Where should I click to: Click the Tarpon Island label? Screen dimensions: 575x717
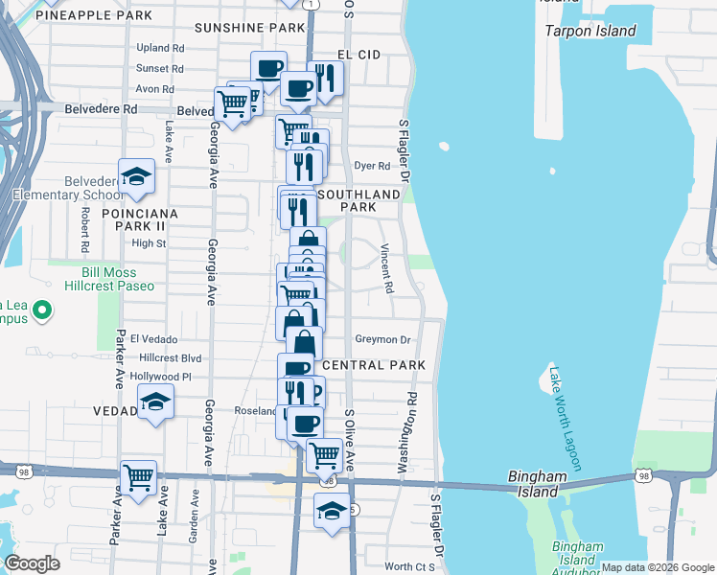click(590, 31)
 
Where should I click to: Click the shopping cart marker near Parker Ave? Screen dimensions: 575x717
click(139, 476)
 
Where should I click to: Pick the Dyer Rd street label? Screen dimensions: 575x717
click(372, 166)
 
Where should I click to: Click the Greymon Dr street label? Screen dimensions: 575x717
click(382, 339)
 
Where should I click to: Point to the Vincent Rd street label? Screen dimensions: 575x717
click(387, 268)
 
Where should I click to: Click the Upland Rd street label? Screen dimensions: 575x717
click(160, 48)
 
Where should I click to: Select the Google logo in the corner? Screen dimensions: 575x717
click(33, 563)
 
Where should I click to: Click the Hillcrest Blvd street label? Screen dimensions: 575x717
click(171, 357)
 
